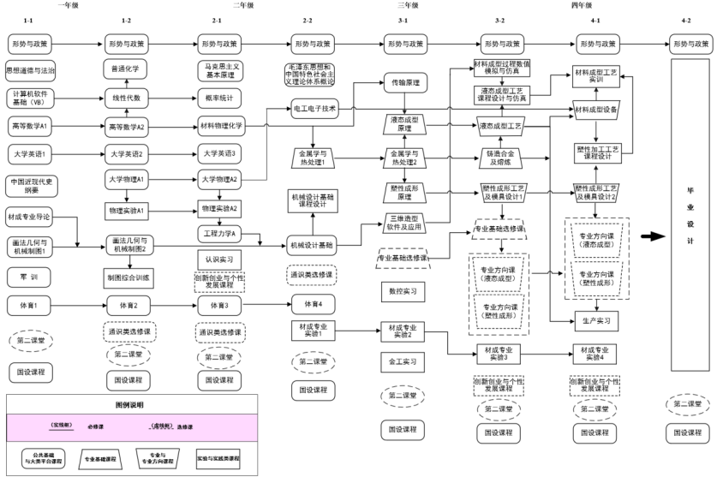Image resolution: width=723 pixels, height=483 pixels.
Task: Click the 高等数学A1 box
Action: pyautogui.click(x=30, y=126)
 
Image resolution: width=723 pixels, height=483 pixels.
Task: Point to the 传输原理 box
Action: pyautogui.click(x=405, y=83)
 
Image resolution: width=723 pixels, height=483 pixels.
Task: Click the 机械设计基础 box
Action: pyautogui.click(x=312, y=245)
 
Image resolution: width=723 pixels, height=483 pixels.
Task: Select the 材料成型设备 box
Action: pyautogui.click(x=597, y=110)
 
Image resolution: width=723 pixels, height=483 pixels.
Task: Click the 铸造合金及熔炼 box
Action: pyautogui.click(x=500, y=158)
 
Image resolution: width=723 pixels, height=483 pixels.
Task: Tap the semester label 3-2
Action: pyautogui.click(x=500, y=19)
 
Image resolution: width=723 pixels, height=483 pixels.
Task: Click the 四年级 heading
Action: pyautogui.click(x=581, y=5)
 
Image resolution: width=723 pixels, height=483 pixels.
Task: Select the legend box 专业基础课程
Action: pyautogui.click(x=103, y=459)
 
